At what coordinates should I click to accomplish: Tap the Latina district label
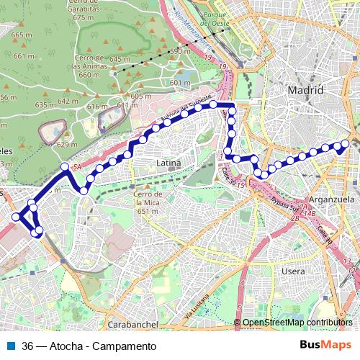168,164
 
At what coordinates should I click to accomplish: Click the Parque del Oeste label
215,18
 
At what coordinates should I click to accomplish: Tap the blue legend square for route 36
11,346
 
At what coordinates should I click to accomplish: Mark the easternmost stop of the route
345,144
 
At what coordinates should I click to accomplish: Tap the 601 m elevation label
179,83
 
